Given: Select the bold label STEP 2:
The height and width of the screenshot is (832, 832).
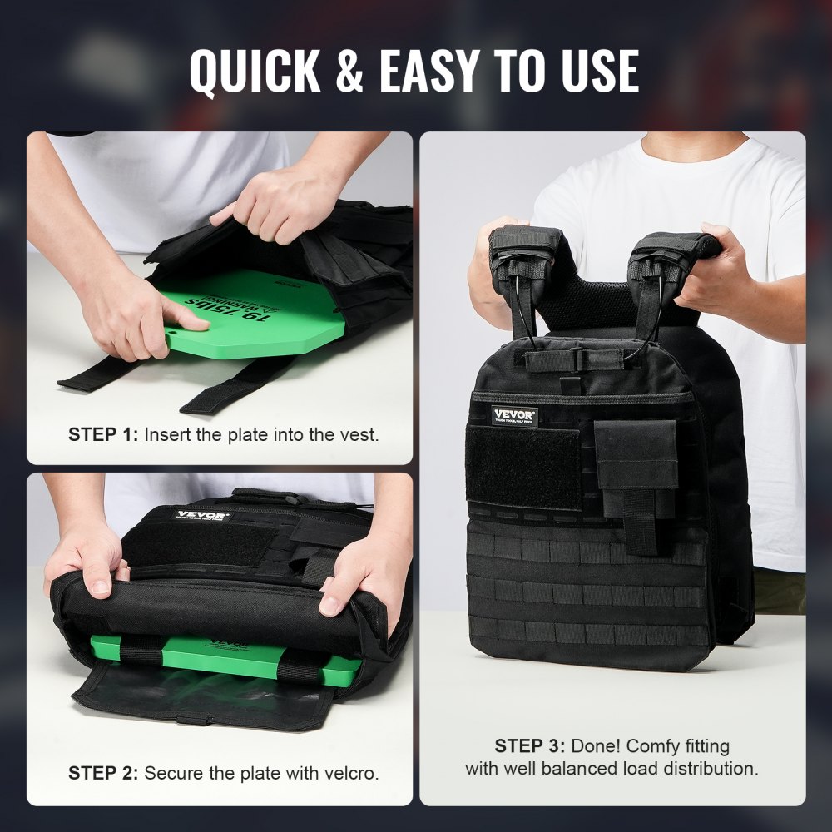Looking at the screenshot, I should (x=103, y=773).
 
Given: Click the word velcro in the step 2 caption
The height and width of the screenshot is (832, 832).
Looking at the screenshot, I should (x=353, y=773).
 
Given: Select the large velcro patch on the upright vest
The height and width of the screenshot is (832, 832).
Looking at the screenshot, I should (x=524, y=468).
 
